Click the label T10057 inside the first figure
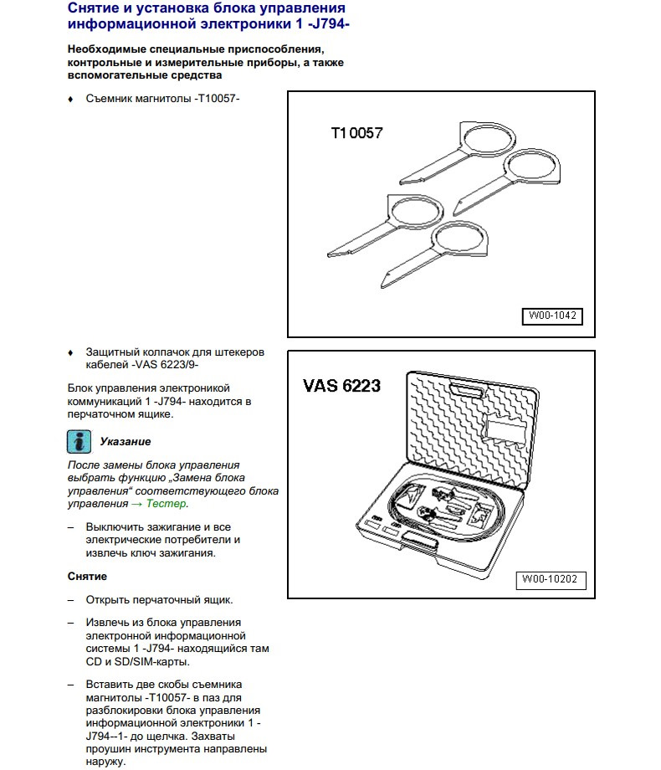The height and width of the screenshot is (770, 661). (x=356, y=132)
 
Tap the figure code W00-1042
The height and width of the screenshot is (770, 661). (x=552, y=316)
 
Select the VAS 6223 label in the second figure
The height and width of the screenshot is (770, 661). (x=341, y=386)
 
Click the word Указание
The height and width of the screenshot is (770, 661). (x=126, y=441)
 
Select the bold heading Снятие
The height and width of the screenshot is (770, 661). (x=87, y=577)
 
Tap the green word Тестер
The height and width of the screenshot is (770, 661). (x=167, y=504)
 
